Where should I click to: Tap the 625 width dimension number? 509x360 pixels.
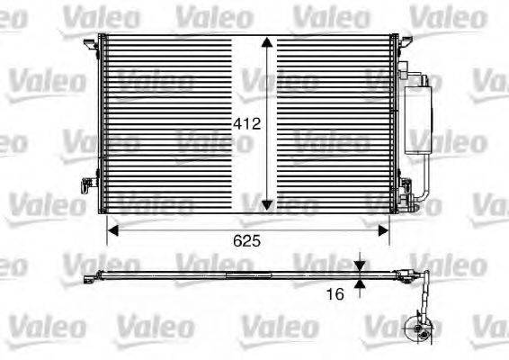(x=249, y=242)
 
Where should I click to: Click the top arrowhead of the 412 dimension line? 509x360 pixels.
(x=267, y=42)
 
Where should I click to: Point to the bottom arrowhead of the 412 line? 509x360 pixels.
(x=267, y=207)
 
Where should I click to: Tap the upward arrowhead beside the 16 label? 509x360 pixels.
(x=360, y=285)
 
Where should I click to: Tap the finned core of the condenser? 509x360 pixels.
(x=180, y=126)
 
